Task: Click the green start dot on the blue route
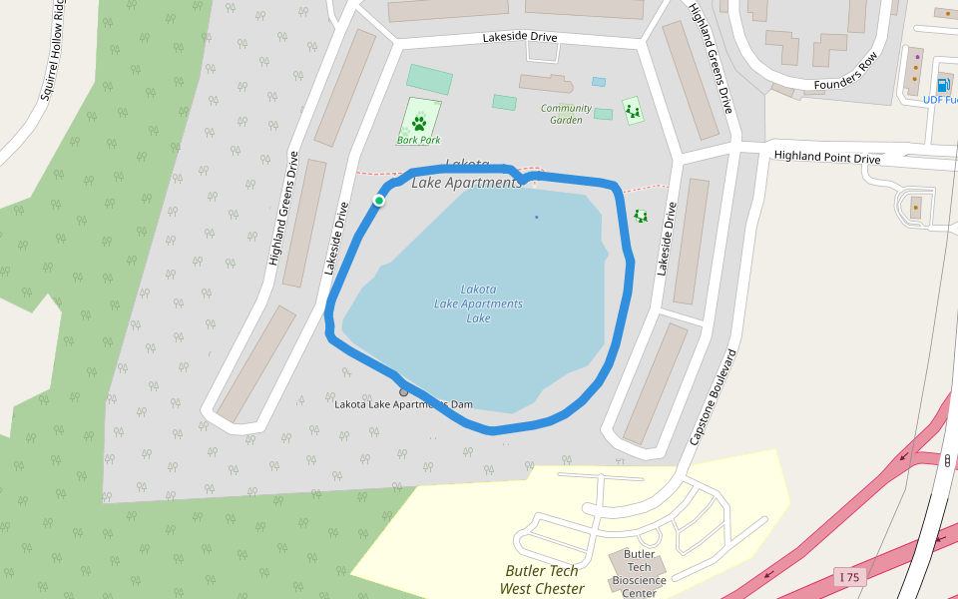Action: pyautogui.click(x=379, y=201)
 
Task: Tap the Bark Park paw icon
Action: pyautogui.click(x=419, y=124)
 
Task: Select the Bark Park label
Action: pyautogui.click(x=418, y=140)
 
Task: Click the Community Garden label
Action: pyautogui.click(x=566, y=114)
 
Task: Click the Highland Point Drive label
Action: pyautogui.click(x=827, y=157)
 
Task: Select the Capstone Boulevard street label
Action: pyautogui.click(x=713, y=396)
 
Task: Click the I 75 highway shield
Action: pyautogui.click(x=850, y=577)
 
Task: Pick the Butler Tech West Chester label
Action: pyautogui.click(x=542, y=580)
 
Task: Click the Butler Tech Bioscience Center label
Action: pyautogui.click(x=639, y=573)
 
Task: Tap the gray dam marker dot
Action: pyautogui.click(x=404, y=391)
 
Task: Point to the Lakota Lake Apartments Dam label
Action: pyautogui.click(x=403, y=404)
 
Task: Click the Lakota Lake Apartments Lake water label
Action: pyautogui.click(x=478, y=303)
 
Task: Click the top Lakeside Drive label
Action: pyautogui.click(x=519, y=37)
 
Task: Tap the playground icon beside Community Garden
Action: pyautogui.click(x=632, y=110)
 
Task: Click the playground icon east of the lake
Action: pyautogui.click(x=641, y=216)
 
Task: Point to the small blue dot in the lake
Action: pyautogui.click(x=536, y=217)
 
